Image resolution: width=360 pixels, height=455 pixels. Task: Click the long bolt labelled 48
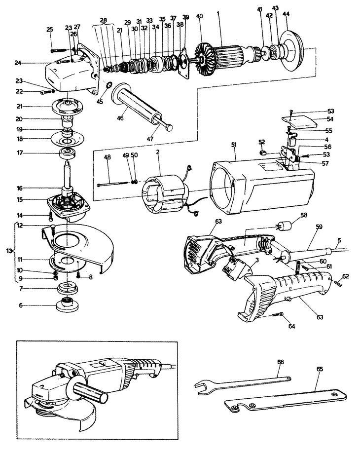coord(113,184)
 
